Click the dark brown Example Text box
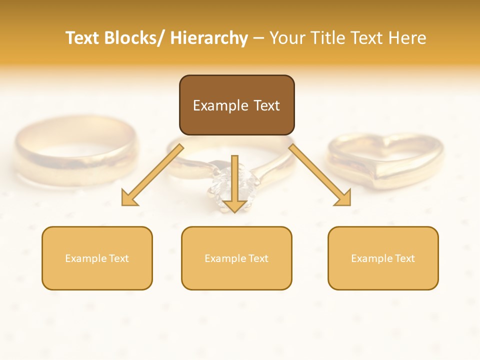[236, 105]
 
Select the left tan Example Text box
[97, 258]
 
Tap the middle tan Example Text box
[236, 258]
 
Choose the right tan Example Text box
[383, 258]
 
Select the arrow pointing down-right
[320, 175]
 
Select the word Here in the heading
[408, 38]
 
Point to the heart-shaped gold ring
[385, 160]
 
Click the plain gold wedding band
[75, 150]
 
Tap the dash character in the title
[258, 38]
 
